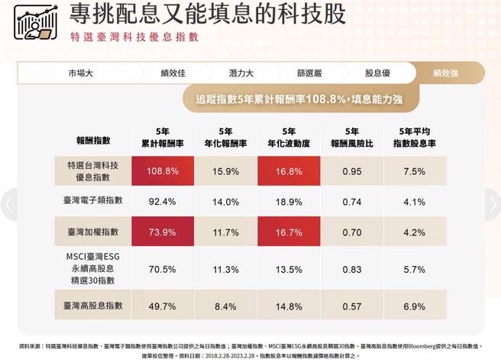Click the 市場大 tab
(x=80, y=73)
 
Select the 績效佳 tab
(x=173, y=73)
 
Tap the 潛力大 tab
(x=241, y=73)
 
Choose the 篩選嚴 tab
(x=309, y=73)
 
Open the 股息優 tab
(x=377, y=73)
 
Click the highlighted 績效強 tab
(x=445, y=73)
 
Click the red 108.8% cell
(x=163, y=171)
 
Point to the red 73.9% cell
(x=163, y=232)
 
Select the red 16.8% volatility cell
(x=289, y=171)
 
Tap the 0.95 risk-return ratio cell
(x=352, y=171)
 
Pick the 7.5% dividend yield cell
(x=414, y=171)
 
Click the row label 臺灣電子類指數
(x=93, y=200)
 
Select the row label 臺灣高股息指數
(x=93, y=305)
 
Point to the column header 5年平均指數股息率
(x=414, y=137)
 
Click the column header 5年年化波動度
(x=289, y=137)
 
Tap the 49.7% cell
(x=163, y=306)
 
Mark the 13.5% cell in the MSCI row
(x=289, y=269)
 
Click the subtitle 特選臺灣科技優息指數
(x=134, y=37)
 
